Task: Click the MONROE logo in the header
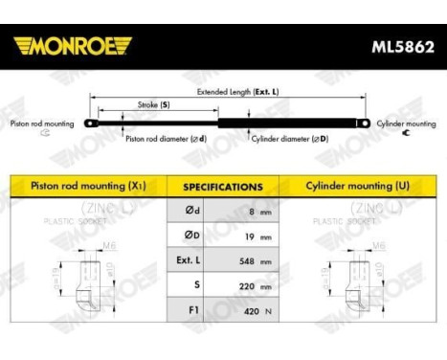pyautogui.click(x=72, y=45)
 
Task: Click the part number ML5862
pyautogui.click(x=399, y=45)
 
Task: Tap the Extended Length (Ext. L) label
pyautogui.click(x=236, y=93)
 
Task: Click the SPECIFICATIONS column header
pyautogui.click(x=222, y=187)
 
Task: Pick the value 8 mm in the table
pyautogui.click(x=255, y=211)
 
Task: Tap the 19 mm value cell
pyautogui.click(x=255, y=236)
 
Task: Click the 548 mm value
pyautogui.click(x=255, y=260)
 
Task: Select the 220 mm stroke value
pyautogui.click(x=255, y=285)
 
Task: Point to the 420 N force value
pyautogui.click(x=255, y=311)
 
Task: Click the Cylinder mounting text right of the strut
pyautogui.click(x=406, y=124)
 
